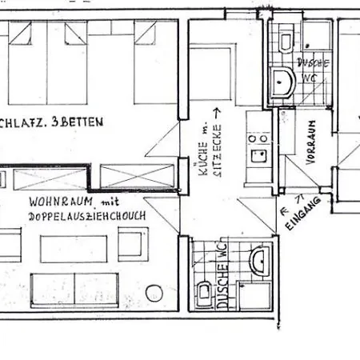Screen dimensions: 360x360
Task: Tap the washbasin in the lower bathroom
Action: coord(258,261)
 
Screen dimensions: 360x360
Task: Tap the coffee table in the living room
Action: coord(76,242)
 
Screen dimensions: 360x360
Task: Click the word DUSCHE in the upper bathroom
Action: coord(309,62)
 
